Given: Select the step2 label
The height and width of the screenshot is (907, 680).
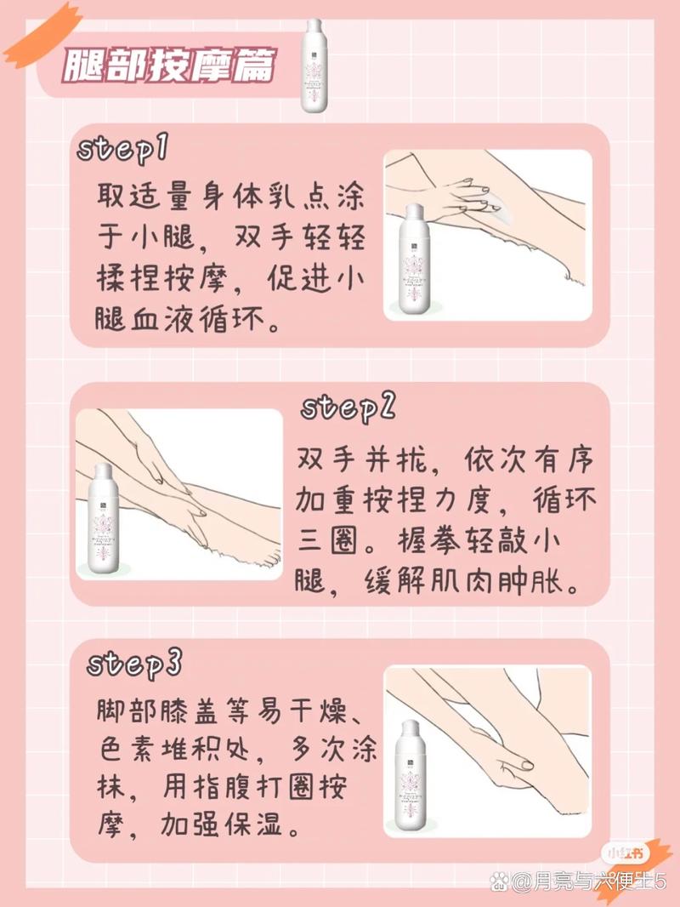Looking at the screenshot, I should [348, 408].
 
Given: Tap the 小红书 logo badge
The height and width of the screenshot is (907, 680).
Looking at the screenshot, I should [623, 853].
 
